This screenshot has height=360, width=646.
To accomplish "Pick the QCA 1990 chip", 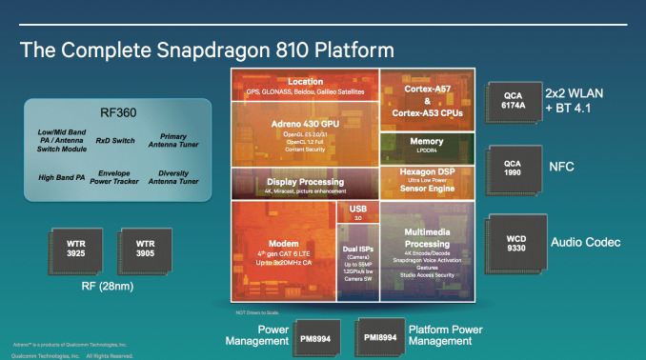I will click(513, 169).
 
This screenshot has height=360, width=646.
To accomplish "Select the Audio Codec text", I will click(586, 244).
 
